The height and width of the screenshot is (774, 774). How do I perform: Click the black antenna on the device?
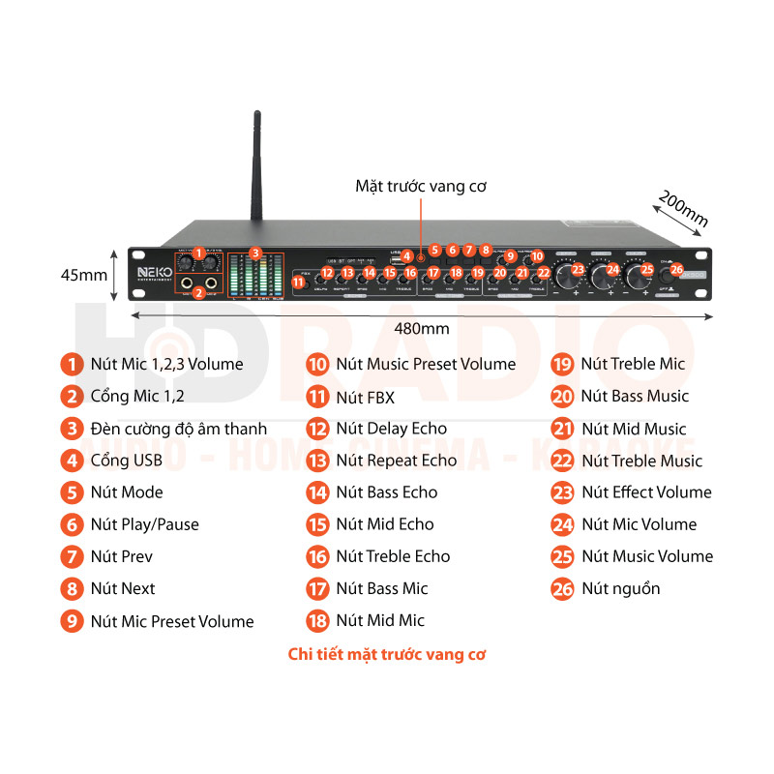point(257,174)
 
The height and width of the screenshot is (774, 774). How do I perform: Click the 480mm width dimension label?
point(422,328)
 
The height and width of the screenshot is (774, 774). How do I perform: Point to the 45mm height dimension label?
point(84,275)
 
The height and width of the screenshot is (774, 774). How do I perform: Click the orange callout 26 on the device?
point(676,270)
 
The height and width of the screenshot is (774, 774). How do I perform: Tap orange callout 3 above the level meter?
point(255,253)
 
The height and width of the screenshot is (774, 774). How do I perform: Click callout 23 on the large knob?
point(579,270)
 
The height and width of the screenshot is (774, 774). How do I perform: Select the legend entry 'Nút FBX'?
point(365,397)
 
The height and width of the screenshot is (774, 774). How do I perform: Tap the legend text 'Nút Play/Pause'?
point(144,524)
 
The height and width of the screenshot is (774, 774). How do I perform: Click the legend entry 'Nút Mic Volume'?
point(639,524)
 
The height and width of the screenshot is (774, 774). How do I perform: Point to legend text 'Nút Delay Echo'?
point(391,429)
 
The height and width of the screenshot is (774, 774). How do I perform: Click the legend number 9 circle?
point(72,621)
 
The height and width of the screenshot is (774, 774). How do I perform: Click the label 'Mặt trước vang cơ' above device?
point(420,185)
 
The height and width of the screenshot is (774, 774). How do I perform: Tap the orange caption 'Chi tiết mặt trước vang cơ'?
point(387,654)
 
